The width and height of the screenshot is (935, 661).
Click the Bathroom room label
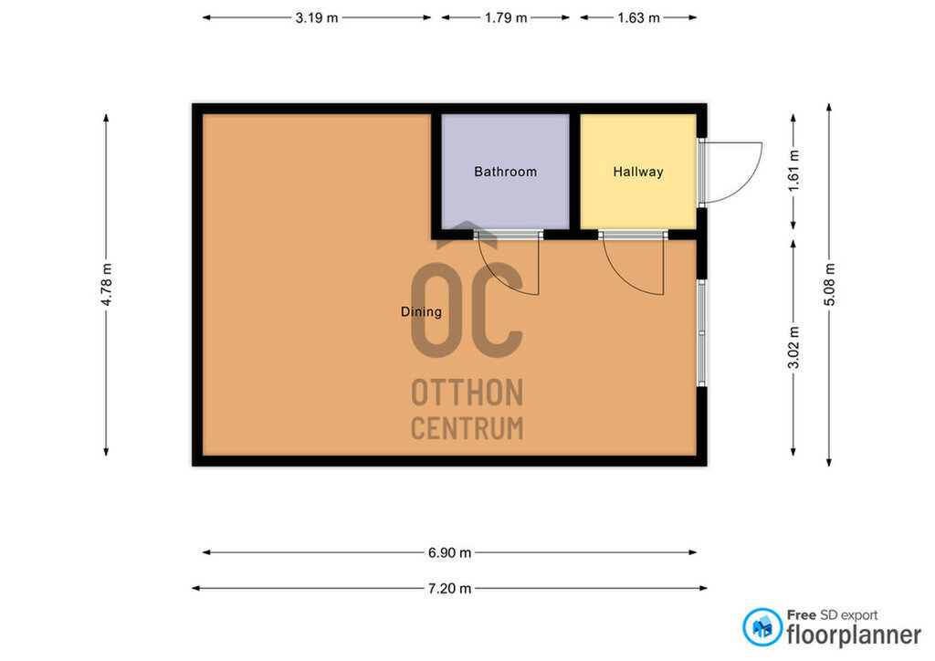coord(505,172)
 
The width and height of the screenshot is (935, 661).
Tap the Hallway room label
coord(638,172)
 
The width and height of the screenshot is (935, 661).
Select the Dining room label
coord(421,311)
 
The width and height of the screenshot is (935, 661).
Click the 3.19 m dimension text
coord(317,18)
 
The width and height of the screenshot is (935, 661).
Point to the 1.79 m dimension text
coord(506,18)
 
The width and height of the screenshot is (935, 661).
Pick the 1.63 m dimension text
coord(638,18)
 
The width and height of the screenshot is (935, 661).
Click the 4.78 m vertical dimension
coord(106,284)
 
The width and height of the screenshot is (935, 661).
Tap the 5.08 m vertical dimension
coord(829,284)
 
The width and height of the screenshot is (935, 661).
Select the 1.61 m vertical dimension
coord(793,171)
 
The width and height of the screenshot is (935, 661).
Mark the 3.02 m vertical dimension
coord(793,348)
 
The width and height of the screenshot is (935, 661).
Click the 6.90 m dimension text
coord(449,552)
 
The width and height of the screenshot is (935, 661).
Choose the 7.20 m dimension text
coord(449,588)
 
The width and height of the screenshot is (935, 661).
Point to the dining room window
coord(702,333)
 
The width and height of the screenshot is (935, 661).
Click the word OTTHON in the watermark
coord(467,393)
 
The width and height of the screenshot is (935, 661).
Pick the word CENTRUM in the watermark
coord(467,428)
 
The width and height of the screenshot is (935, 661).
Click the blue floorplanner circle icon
coord(762,627)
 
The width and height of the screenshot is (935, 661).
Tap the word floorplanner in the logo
coord(854,635)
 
